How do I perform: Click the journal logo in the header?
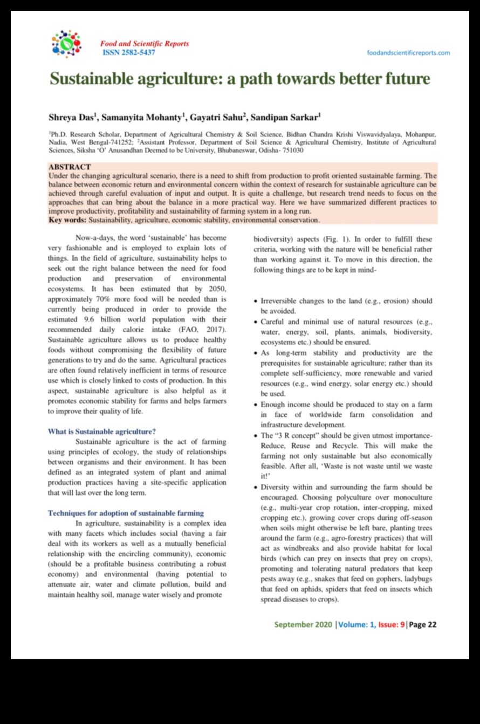click(x=66, y=44)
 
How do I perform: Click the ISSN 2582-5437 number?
click(x=129, y=52)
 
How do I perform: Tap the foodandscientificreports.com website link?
click(x=408, y=53)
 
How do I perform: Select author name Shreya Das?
click(x=71, y=117)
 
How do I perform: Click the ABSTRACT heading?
click(x=70, y=167)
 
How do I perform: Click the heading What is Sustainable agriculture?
click(x=102, y=432)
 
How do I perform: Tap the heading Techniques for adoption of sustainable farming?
click(x=126, y=513)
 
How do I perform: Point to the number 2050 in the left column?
click(x=215, y=289)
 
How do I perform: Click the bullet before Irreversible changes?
click(x=256, y=302)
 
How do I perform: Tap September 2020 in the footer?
click(x=303, y=625)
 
